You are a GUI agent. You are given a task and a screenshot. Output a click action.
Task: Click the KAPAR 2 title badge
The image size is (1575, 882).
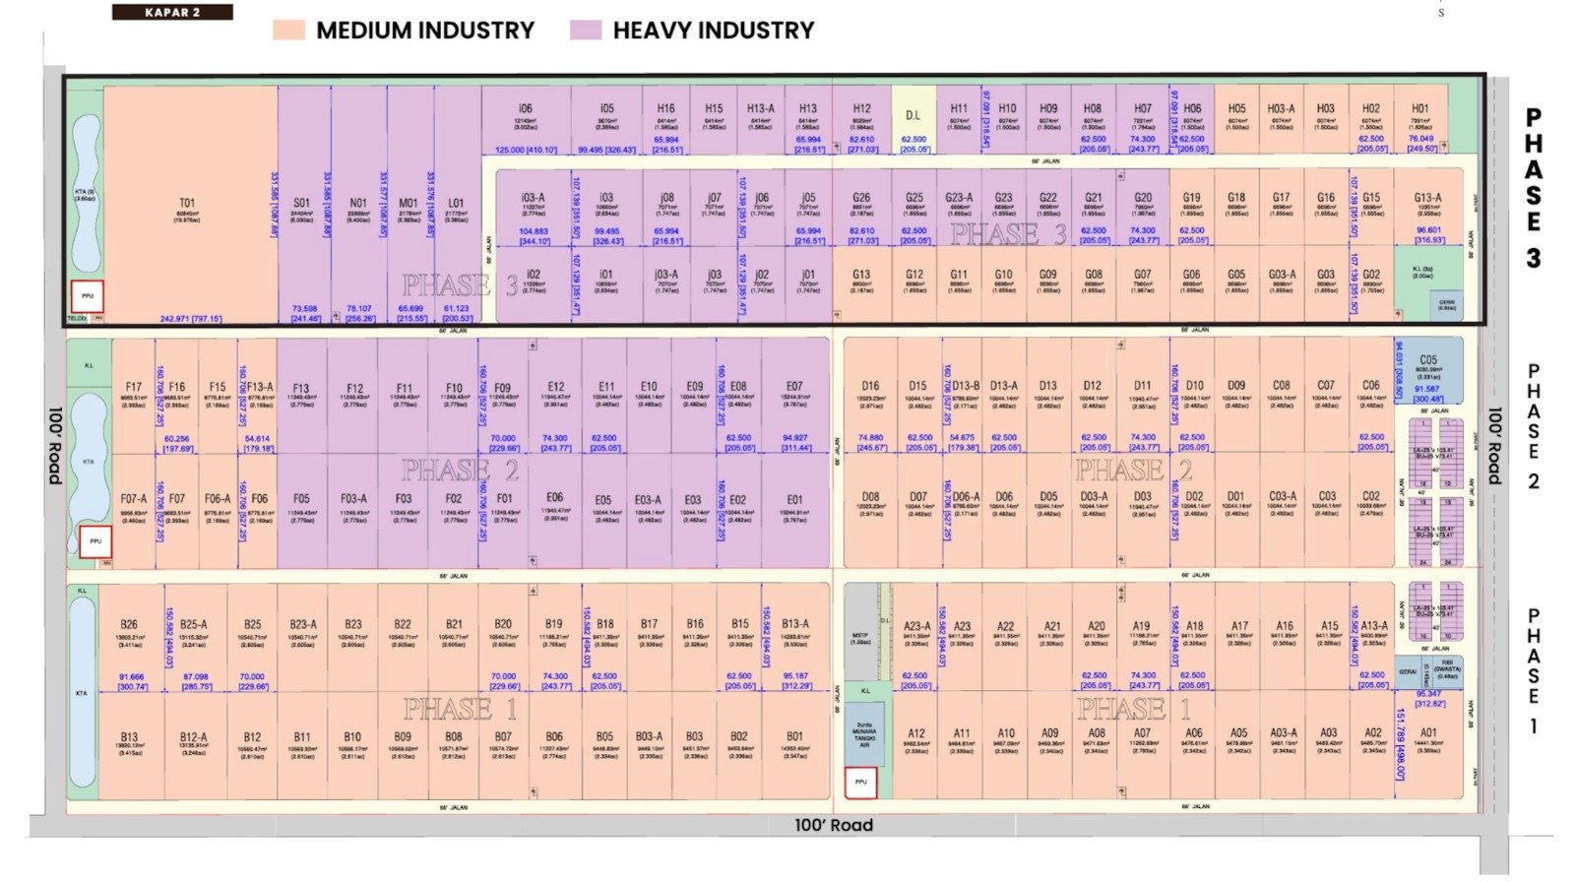click(x=172, y=13)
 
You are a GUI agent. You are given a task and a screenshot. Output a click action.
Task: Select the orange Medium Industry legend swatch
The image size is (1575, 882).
click(x=288, y=31)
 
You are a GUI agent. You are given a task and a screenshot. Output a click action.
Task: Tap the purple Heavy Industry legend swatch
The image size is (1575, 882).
click(x=585, y=31)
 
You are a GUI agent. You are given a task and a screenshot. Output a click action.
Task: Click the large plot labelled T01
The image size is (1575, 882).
click(x=187, y=207)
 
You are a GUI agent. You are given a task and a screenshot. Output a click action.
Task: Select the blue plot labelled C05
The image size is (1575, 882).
click(x=1427, y=369)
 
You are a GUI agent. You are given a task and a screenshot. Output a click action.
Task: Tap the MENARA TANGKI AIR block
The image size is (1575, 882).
click(x=863, y=734)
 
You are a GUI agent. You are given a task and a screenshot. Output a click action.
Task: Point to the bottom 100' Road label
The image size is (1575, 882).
click(x=833, y=825)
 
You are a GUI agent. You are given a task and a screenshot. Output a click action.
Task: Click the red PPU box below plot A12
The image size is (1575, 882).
click(x=860, y=783)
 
